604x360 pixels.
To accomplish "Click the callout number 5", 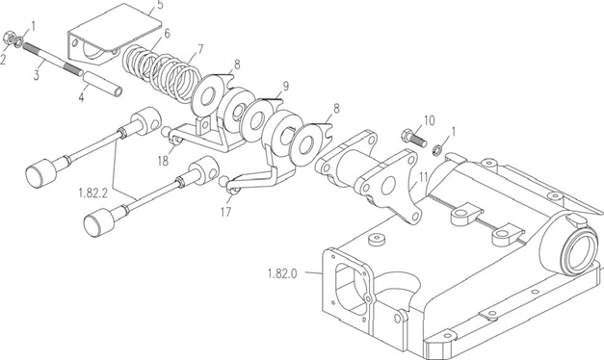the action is coord(160,6).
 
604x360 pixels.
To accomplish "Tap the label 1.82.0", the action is coord(282,273).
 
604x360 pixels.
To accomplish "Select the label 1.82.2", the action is coord(92,193).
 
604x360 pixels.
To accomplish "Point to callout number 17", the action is coord(226,212).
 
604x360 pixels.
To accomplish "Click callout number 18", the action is coord(164,161).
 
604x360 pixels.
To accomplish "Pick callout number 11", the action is coord(423,177).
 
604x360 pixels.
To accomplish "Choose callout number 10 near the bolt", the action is coord(430,120).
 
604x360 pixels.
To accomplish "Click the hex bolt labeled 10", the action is coord(414,139).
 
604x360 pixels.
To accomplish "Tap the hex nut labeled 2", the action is coord(9,38).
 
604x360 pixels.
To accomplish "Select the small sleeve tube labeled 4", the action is coord(103,83).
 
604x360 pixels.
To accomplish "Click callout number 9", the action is coord(285,87).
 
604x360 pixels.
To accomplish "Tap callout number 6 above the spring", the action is coord(167,34).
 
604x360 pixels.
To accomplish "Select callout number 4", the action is coord(81,97).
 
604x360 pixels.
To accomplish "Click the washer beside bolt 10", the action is coord(437,149).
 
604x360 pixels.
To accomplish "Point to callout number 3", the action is coord(37,75).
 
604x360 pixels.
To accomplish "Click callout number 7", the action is coord(200,49).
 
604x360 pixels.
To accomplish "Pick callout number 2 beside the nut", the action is coord(3,60).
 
